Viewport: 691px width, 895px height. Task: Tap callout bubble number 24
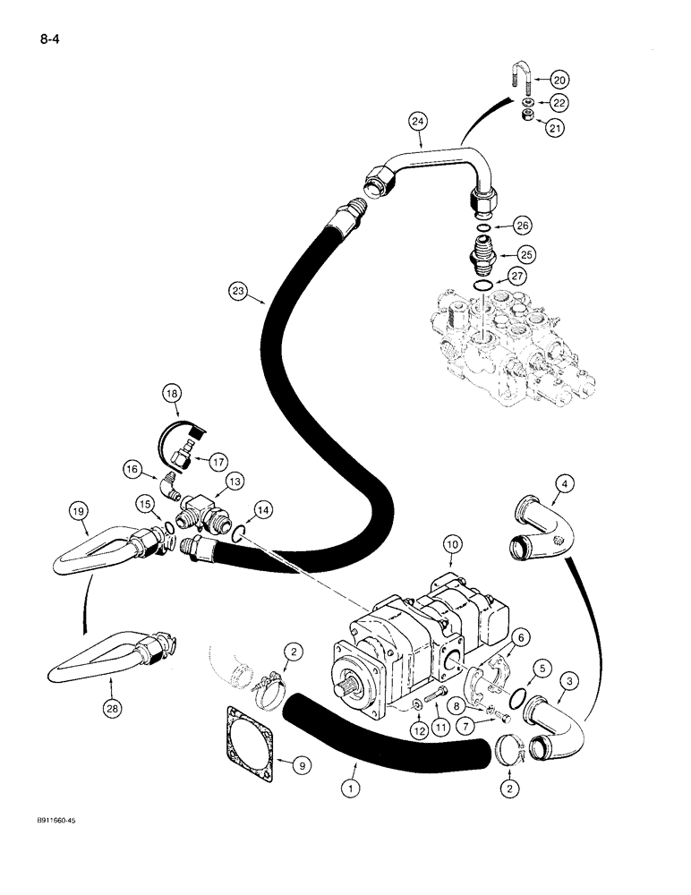coord(419,119)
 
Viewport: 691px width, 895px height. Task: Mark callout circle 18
coord(172,392)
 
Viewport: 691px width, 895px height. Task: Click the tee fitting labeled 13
coord(207,516)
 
